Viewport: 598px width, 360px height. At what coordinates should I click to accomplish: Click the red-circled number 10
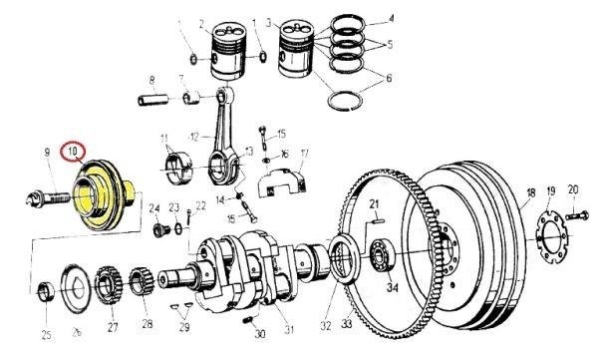pyautogui.click(x=73, y=152)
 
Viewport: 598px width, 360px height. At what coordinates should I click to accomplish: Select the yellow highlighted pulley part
pyautogui.click(x=103, y=194)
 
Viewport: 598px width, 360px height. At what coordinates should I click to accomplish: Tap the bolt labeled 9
pyautogui.click(x=49, y=198)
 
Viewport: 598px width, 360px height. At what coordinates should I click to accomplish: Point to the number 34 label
pyautogui.click(x=393, y=287)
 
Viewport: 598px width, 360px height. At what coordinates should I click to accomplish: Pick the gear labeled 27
pyautogui.click(x=108, y=285)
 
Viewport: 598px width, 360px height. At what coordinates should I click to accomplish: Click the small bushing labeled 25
pyautogui.click(x=47, y=291)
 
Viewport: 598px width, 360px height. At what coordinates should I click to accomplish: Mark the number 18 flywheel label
pyautogui.click(x=531, y=193)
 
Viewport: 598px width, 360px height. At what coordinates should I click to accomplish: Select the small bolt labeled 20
pyautogui.click(x=577, y=216)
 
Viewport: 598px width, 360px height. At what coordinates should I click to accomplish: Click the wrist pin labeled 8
pyautogui.click(x=153, y=101)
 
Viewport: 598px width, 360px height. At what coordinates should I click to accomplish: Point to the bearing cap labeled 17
pyautogui.click(x=282, y=183)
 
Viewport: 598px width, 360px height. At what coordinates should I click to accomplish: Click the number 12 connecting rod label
pyautogui.click(x=194, y=137)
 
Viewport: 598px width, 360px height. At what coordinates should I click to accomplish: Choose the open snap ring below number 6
pyautogui.click(x=345, y=101)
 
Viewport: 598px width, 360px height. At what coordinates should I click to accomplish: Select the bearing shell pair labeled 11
pyautogui.click(x=176, y=168)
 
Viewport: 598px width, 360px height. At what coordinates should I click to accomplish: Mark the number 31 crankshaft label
pyautogui.click(x=289, y=329)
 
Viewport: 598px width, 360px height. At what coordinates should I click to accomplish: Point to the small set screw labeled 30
pyautogui.click(x=248, y=319)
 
